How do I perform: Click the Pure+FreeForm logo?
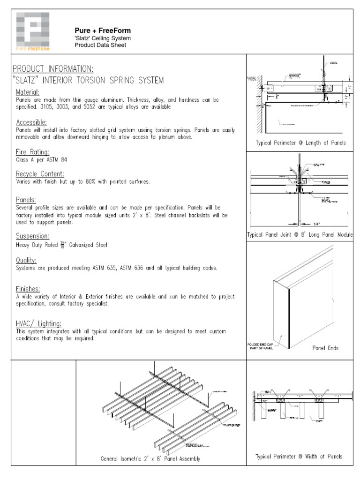click(33, 31)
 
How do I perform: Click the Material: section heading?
click(28, 92)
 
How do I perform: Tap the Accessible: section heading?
click(31, 122)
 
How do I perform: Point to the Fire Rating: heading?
click(32, 151)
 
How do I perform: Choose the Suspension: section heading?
click(33, 236)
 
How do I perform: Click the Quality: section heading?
click(26, 260)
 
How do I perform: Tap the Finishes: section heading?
click(28, 289)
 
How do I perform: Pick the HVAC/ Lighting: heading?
click(38, 323)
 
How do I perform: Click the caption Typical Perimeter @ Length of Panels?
click(300, 143)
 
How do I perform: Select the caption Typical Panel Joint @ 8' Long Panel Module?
click(300, 234)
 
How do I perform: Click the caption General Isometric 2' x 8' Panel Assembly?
click(150, 458)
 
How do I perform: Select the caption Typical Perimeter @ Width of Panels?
click(299, 456)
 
